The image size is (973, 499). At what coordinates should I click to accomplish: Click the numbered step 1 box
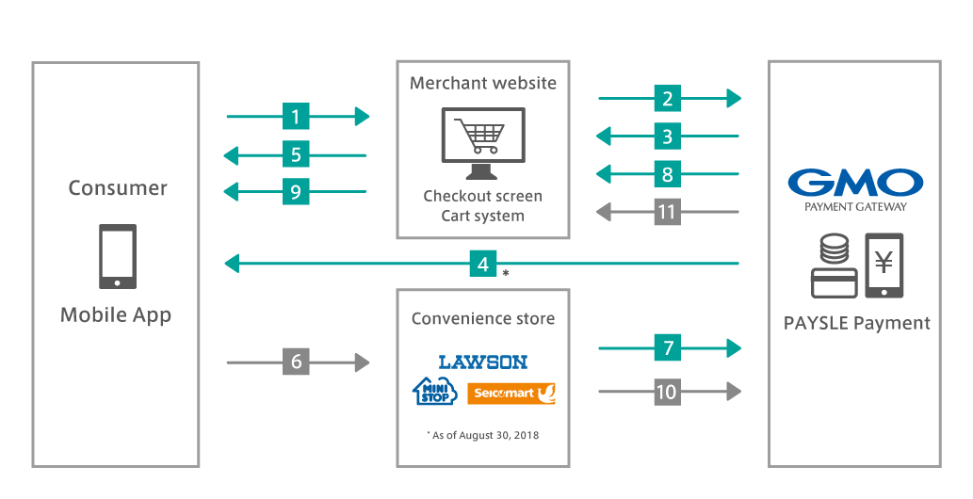tap(296, 117)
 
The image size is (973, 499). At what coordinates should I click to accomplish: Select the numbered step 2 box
tap(667, 98)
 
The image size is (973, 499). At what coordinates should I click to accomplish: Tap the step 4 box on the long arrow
tap(483, 265)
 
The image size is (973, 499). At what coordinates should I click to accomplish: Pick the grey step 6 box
tap(296, 362)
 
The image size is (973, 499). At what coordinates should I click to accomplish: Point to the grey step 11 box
tap(667, 212)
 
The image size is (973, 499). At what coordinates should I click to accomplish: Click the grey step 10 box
tap(667, 391)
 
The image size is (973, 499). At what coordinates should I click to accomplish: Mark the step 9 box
tap(296, 192)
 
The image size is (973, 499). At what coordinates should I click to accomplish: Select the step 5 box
tap(296, 154)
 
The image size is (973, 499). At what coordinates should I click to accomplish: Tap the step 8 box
tap(667, 174)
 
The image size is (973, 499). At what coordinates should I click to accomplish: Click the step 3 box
tap(667, 137)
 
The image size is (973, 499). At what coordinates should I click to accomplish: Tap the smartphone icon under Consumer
tap(118, 256)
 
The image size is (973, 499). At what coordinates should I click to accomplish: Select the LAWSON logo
tap(483, 362)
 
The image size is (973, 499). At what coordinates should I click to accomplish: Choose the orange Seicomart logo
tap(511, 393)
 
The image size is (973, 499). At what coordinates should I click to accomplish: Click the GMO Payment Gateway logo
tap(854, 189)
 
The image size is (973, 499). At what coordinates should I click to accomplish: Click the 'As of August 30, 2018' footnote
tap(483, 435)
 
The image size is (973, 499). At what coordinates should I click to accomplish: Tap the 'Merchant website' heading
tap(483, 83)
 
